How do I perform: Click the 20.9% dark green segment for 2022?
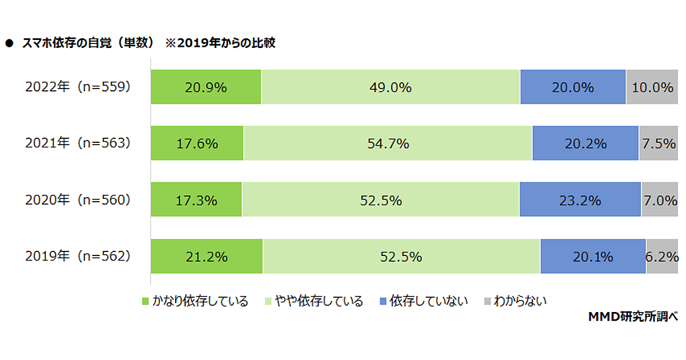click(x=206, y=87)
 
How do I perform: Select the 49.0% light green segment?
click(x=390, y=87)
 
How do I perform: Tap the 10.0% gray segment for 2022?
click(x=652, y=87)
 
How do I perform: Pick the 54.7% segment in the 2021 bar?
click(x=388, y=143)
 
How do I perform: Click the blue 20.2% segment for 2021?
click(x=585, y=143)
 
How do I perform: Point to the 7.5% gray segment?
click(x=658, y=143)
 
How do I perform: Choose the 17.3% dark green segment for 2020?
click(x=196, y=200)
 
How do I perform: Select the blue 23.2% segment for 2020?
click(x=580, y=200)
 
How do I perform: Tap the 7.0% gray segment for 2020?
click(x=659, y=200)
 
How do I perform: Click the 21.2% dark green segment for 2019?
click(x=206, y=257)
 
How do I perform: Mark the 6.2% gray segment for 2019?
click(x=661, y=257)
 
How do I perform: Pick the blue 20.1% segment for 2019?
click(x=593, y=257)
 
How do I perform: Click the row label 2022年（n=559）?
click(x=78, y=87)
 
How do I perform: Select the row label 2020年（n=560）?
click(x=78, y=200)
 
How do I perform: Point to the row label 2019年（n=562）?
click(x=78, y=257)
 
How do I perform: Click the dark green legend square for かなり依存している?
click(x=145, y=301)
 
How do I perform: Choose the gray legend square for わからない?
click(x=487, y=301)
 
